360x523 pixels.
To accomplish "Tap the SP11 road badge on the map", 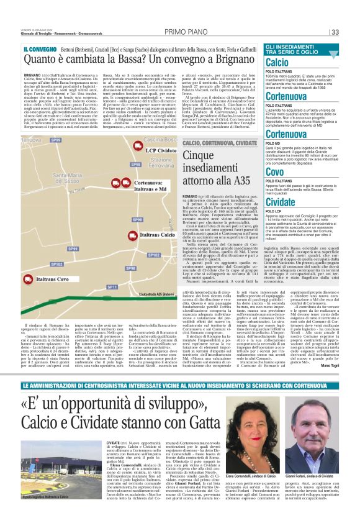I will click(112, 287).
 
